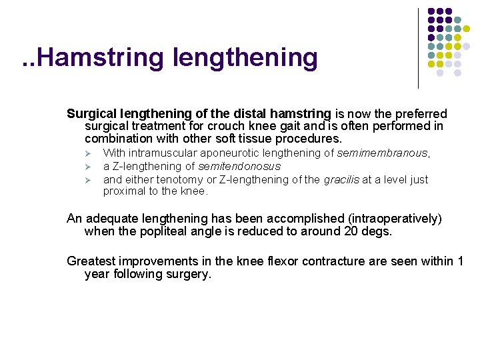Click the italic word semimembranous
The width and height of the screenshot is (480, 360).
[382, 153]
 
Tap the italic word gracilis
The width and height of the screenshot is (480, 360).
[343, 179]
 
